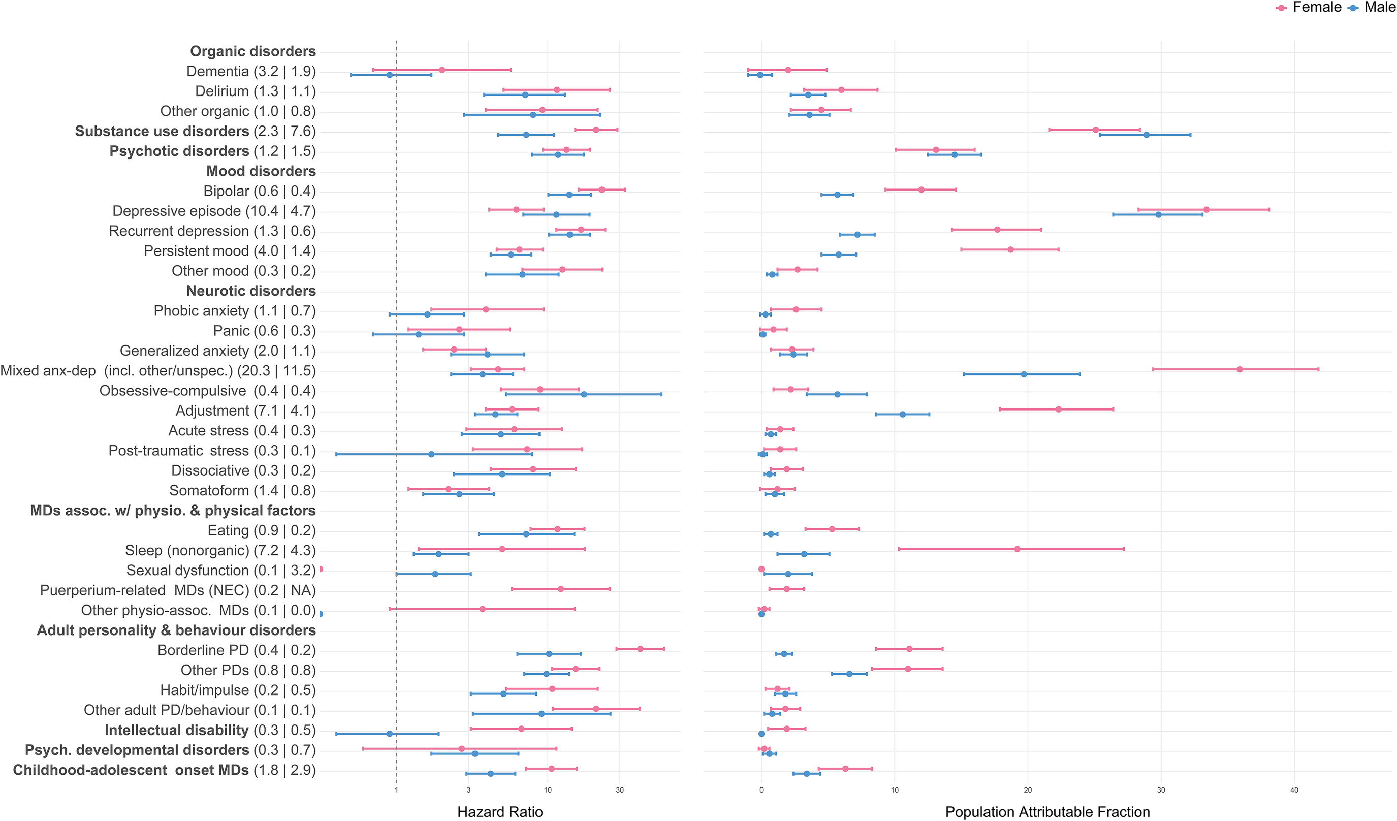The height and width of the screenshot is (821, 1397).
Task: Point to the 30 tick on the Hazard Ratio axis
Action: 619,790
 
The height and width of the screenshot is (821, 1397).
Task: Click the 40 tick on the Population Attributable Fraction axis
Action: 1294,790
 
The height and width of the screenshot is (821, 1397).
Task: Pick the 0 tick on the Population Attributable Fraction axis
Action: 761,790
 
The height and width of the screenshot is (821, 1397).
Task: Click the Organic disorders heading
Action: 253,51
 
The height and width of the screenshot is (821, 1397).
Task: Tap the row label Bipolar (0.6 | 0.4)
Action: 260,191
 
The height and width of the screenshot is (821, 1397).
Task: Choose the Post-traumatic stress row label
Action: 212,451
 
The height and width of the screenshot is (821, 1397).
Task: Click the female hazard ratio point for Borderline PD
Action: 640,649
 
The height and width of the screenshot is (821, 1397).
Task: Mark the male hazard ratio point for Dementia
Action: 389,75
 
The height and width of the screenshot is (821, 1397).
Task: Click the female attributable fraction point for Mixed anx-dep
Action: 1240,369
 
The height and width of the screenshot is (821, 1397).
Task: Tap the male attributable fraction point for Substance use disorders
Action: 1146,135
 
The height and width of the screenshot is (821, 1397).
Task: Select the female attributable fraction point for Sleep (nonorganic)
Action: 1017,549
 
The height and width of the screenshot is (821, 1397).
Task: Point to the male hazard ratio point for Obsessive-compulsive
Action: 583,394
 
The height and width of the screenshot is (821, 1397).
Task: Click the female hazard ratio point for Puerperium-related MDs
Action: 560,589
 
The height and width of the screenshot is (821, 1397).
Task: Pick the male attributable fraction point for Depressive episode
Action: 1158,214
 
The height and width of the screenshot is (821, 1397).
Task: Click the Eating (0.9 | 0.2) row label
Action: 262,530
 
